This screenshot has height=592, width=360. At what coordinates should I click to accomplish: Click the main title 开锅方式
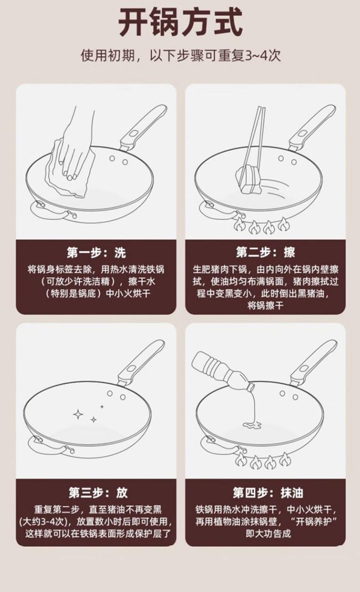[x=180, y=22]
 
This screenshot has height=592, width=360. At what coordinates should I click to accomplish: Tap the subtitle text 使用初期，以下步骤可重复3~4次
[x=180, y=56]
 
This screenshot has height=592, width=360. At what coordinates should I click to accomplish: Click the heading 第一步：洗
[x=96, y=253]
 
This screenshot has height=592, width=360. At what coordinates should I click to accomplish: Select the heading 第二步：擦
[x=265, y=252]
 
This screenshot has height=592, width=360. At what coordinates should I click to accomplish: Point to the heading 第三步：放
[x=98, y=492]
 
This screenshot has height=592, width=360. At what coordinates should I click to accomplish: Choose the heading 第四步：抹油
[x=268, y=493]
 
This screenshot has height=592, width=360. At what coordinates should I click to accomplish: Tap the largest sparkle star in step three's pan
[x=78, y=414]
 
